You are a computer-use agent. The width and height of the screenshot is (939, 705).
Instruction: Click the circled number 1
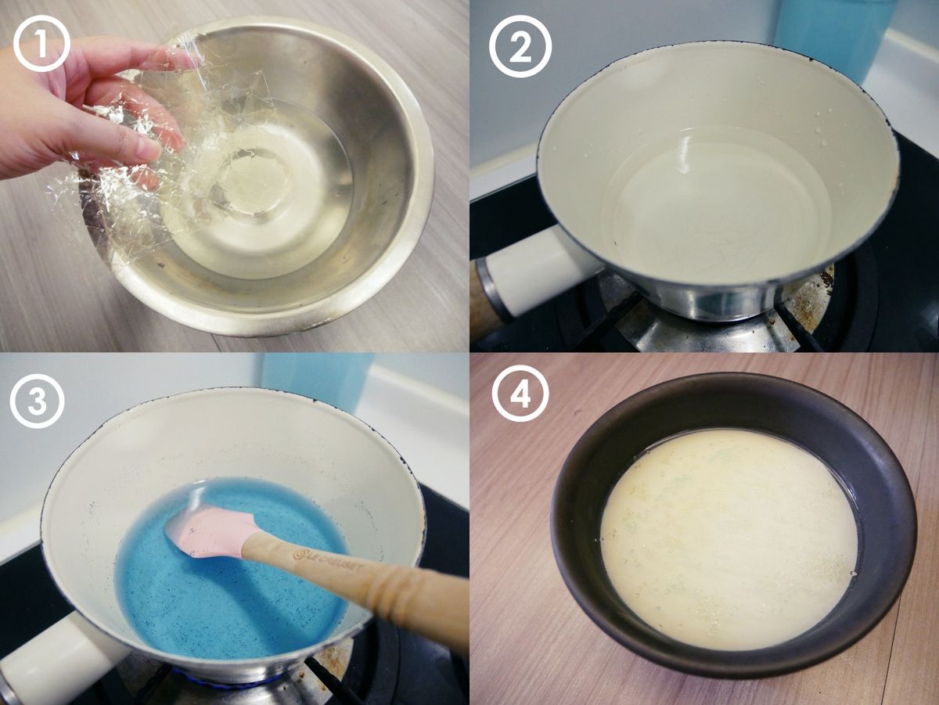(x=41, y=44)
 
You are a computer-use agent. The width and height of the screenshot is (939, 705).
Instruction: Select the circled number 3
(x=38, y=401)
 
